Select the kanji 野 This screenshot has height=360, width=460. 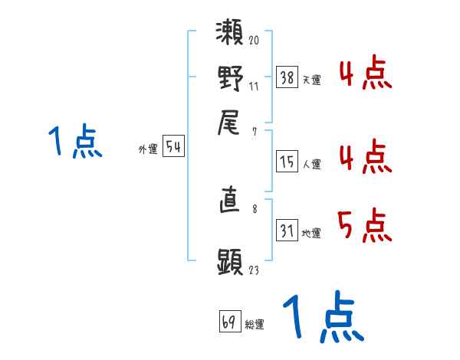230,79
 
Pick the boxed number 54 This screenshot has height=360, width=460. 173,148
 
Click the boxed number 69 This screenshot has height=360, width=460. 229,322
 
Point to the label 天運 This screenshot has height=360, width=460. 311,80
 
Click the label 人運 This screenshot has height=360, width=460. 311,164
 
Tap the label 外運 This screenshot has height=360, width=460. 148,150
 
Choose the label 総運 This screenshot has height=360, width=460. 255,325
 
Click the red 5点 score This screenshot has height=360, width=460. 364,227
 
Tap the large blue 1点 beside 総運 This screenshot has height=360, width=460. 321,318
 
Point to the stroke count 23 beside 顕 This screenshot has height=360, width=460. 254,269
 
